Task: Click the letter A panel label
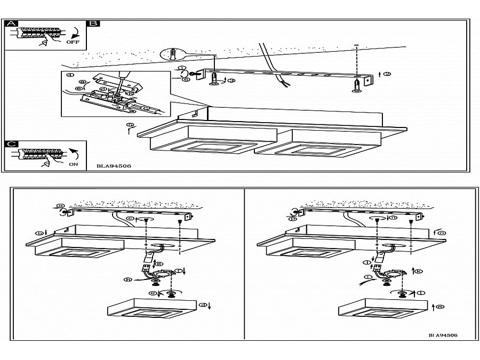(11, 23)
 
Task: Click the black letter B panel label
(93, 23)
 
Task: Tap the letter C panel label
(11, 144)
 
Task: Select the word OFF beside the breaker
(74, 41)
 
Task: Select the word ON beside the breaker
(74, 165)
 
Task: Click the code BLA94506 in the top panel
(114, 166)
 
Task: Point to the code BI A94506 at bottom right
(442, 335)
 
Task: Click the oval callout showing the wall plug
(173, 54)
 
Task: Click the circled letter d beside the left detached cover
(203, 305)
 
